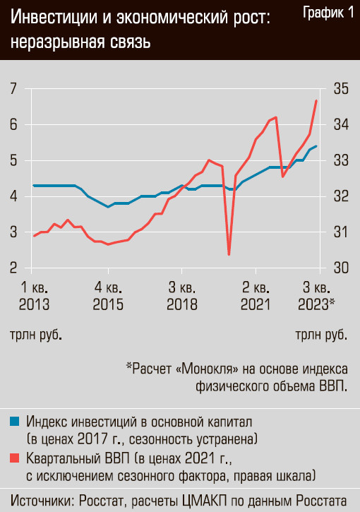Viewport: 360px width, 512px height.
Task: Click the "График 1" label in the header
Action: (328, 13)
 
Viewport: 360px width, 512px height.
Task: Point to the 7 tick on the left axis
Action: (13, 88)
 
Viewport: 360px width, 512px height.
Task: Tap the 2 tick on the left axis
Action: (13, 268)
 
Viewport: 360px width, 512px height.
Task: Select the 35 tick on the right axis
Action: (341, 88)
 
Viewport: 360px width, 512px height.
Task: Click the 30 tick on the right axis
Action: (341, 268)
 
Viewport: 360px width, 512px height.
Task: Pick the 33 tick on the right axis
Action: (341, 160)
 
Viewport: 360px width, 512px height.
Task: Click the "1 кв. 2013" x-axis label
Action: (35, 296)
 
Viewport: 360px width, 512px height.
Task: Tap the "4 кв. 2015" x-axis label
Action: (109, 296)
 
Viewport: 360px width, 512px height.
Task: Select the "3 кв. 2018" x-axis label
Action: (182, 296)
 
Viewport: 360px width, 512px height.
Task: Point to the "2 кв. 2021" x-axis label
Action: (256, 296)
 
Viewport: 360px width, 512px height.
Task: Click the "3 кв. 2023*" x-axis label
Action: (316, 296)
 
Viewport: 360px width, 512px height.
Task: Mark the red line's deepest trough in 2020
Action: (229, 254)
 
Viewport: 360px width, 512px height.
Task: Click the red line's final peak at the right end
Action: (316, 100)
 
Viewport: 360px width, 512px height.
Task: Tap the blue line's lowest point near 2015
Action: (108, 207)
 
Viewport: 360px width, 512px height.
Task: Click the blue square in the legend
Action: (15, 422)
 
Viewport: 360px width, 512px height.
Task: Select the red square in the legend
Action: (15, 458)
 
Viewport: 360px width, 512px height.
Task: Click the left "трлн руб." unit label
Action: (36, 335)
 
